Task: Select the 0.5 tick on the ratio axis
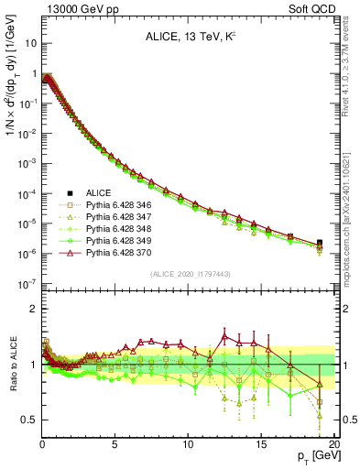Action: point(30,420)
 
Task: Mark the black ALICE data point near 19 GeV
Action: point(319,243)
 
